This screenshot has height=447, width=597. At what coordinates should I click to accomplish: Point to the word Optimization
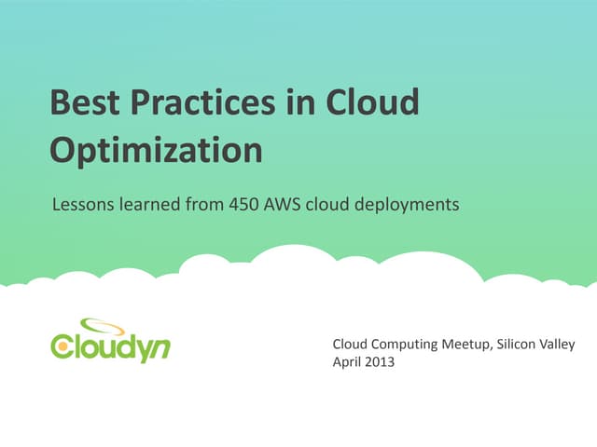click(x=155, y=150)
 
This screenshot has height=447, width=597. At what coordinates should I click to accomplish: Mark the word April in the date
click(x=348, y=362)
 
